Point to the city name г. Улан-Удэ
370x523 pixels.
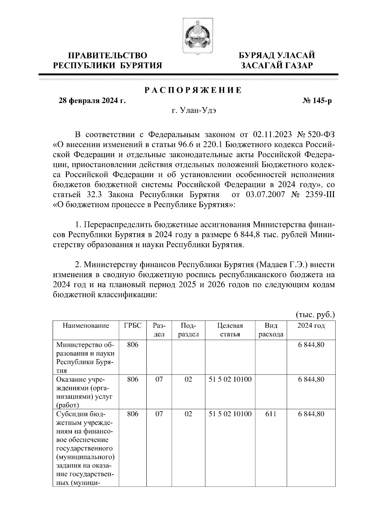(x=193, y=111)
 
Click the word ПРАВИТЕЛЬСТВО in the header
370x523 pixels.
(x=108, y=56)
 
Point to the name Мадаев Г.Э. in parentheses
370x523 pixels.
(x=282, y=265)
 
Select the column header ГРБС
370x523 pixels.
(x=133, y=326)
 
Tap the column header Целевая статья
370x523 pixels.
(x=230, y=330)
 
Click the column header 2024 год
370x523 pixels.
(x=311, y=326)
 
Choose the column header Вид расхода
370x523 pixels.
(x=271, y=330)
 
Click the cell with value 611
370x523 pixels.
(x=271, y=414)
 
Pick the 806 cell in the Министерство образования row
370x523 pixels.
(x=133, y=345)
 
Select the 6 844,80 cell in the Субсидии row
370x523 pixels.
(x=311, y=414)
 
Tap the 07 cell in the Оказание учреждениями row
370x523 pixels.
(x=159, y=379)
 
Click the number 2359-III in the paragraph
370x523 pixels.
(x=320, y=195)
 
